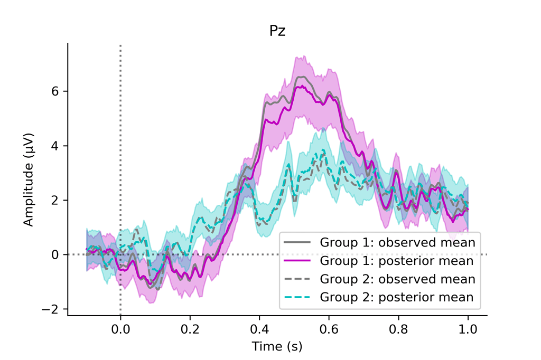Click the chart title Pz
click(x=277, y=31)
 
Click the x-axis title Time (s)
click(x=277, y=346)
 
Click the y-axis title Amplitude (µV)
click(x=29, y=179)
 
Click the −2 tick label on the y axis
click(x=53, y=309)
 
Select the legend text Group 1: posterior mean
click(x=396, y=261)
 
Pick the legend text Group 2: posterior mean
click(x=396, y=297)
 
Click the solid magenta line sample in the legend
click(x=297, y=261)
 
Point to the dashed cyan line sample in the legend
click(x=297, y=297)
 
